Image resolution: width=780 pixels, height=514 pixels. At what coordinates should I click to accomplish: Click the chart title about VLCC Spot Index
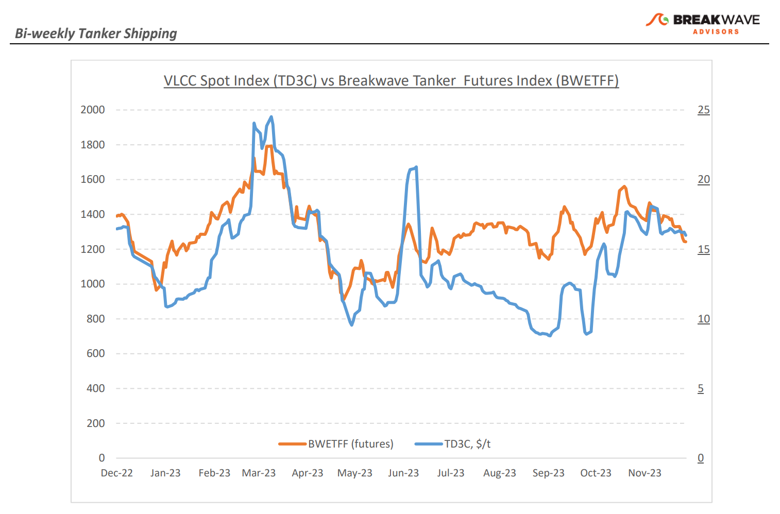pyautogui.click(x=391, y=81)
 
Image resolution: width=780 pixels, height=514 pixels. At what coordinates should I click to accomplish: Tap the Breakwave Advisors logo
pyautogui.click(x=703, y=23)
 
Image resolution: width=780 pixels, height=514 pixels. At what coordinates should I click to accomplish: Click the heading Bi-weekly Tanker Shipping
pyautogui.click(x=96, y=33)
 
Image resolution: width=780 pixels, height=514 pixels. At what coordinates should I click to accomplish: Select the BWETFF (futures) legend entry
pyautogui.click(x=336, y=444)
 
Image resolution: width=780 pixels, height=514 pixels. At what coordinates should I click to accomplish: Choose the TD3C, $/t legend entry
pyautogui.click(x=453, y=444)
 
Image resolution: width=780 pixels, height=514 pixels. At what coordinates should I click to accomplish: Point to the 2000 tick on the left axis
pyautogui.click(x=93, y=110)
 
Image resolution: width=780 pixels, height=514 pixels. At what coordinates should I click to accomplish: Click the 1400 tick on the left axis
pyautogui.click(x=93, y=214)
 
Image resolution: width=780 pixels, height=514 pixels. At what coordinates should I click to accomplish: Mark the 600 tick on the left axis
pyautogui.click(x=95, y=353)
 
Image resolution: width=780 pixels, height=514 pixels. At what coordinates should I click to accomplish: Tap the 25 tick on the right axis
pyautogui.click(x=703, y=110)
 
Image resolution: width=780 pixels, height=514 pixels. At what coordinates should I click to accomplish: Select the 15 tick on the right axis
pyautogui.click(x=703, y=249)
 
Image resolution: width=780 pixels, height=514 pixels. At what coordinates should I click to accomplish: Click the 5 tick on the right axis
pyautogui.click(x=701, y=388)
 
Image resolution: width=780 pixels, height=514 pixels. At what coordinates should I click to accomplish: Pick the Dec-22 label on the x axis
pyautogui.click(x=117, y=473)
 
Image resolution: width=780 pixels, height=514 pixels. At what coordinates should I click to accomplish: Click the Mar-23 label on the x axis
pyautogui.click(x=259, y=473)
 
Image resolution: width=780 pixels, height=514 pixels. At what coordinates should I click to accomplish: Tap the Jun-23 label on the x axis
pyautogui.click(x=403, y=473)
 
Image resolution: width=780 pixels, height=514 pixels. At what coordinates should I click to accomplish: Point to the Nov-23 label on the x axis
pyautogui.click(x=645, y=473)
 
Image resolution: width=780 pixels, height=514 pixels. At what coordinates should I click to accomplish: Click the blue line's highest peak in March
pyautogui.click(x=272, y=117)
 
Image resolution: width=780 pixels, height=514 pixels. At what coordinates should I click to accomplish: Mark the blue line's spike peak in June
pyautogui.click(x=416, y=167)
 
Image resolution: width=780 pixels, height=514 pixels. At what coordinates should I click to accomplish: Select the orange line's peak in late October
pyautogui.click(x=624, y=186)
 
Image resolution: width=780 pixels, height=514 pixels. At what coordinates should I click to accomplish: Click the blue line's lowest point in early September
pyautogui.click(x=550, y=336)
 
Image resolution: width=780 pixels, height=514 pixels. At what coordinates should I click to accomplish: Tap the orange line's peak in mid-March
pyautogui.click(x=269, y=146)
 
